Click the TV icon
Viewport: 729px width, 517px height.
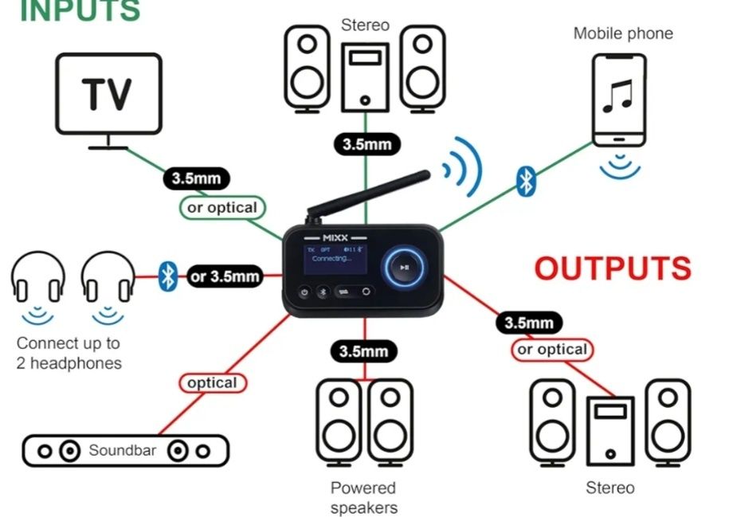pyautogui.click(x=108, y=100)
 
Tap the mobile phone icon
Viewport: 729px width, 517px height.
pyautogui.click(x=617, y=100)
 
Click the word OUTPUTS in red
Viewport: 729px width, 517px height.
pyautogui.click(x=612, y=269)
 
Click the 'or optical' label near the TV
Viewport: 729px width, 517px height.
pyautogui.click(x=221, y=208)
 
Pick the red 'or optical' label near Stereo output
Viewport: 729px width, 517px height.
pyautogui.click(x=552, y=350)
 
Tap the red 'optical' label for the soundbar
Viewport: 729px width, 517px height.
pyautogui.click(x=212, y=383)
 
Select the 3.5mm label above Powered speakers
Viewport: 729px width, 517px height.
pyautogui.click(x=364, y=351)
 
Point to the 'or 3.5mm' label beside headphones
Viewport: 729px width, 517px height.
pyautogui.click(x=225, y=276)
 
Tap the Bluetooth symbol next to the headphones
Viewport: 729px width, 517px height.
pyautogui.click(x=167, y=276)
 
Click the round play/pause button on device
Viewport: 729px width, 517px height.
pyautogui.click(x=405, y=268)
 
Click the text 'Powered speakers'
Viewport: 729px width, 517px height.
pyautogui.click(x=363, y=497)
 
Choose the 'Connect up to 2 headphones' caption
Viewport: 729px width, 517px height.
pyautogui.click(x=69, y=354)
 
